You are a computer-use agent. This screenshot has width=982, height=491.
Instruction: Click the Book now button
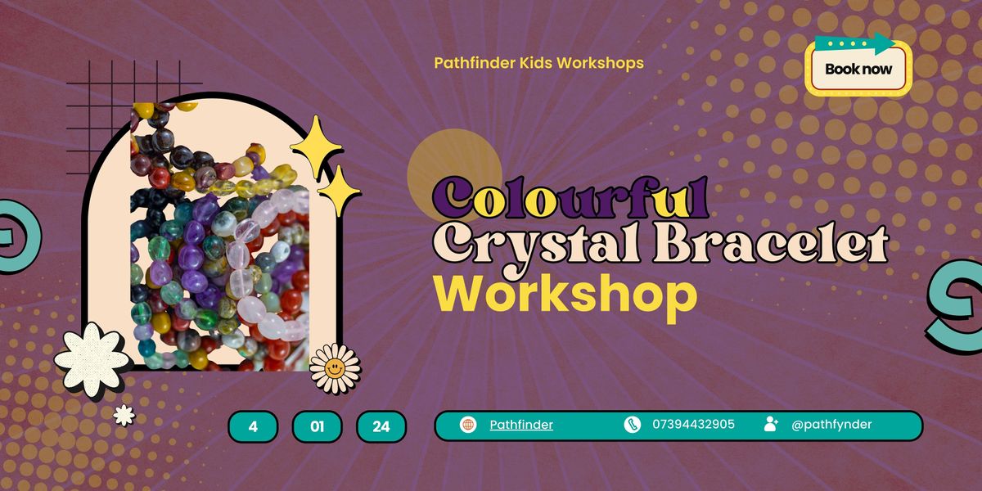pos(858,70)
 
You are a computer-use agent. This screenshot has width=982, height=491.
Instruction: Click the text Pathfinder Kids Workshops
pos(538,62)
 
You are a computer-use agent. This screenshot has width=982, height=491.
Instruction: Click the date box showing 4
pos(253,426)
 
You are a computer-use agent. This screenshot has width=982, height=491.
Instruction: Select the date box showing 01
pos(317,426)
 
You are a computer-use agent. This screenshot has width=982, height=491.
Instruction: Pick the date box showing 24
pos(381,426)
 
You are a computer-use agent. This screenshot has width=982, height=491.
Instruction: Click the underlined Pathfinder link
pos(521,425)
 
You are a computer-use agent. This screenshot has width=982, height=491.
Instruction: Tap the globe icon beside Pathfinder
pos(468,425)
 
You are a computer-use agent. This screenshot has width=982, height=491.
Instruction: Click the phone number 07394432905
pos(693,425)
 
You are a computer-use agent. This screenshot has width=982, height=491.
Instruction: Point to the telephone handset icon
pos(632,425)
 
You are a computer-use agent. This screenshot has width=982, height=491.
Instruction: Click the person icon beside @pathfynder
pos(771,424)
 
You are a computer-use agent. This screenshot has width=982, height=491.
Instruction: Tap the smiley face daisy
pos(335,367)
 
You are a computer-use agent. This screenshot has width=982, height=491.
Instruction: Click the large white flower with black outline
pos(91,358)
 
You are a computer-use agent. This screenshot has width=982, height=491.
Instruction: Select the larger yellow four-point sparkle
pos(315,148)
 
